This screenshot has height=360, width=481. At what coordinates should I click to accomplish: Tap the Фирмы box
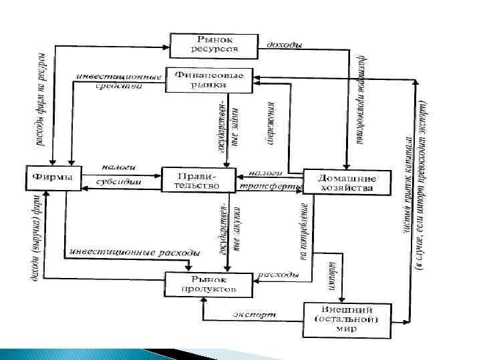pyautogui.click(x=53, y=178)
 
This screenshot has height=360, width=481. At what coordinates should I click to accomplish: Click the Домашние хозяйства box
pyautogui.click(x=345, y=183)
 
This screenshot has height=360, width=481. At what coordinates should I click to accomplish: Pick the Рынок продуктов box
pyautogui.click(x=208, y=285)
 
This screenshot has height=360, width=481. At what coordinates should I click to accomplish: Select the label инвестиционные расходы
pyautogui.click(x=134, y=253)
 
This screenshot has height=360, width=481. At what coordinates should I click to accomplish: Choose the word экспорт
pyautogui.click(x=255, y=313)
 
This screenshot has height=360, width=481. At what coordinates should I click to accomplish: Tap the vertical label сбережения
pyautogui.click(x=274, y=124)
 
